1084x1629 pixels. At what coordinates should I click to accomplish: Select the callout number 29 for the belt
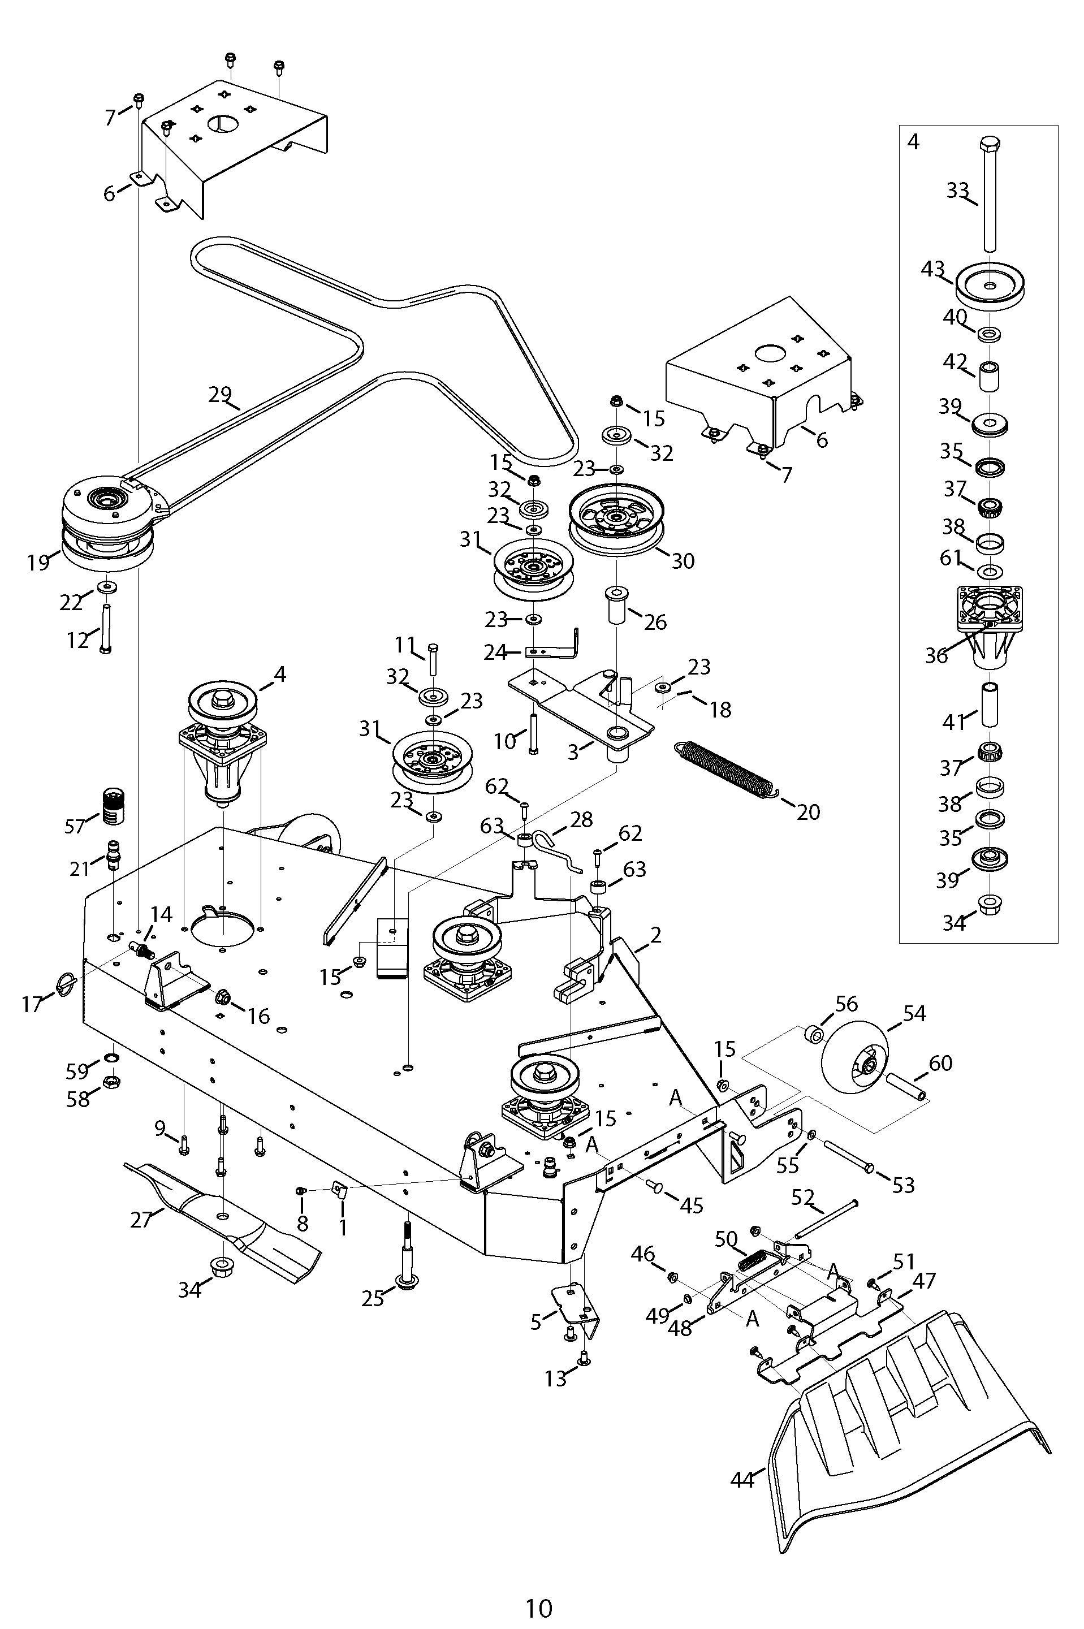coord(220,395)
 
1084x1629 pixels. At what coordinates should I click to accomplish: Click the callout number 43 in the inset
coord(932,268)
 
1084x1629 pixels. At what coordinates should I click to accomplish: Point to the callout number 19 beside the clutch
coord(38,563)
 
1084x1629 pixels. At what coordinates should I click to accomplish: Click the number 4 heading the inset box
coord(913,142)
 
